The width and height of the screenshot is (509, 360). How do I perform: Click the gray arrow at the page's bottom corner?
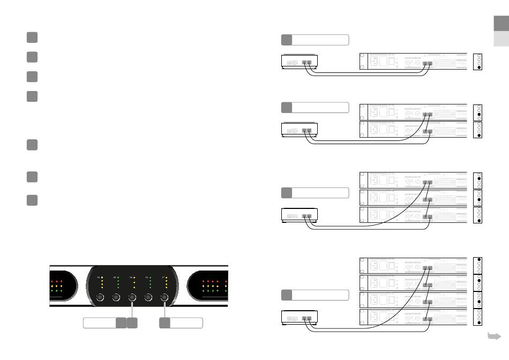tap(493, 336)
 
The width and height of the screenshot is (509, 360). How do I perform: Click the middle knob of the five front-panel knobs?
tap(132, 298)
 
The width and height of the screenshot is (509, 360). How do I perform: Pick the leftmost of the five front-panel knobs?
tap(100, 298)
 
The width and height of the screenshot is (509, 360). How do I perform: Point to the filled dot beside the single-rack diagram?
tap(478, 67)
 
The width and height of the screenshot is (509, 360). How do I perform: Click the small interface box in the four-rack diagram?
tap(300, 319)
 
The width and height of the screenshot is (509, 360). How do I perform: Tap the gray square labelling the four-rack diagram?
tap(287, 295)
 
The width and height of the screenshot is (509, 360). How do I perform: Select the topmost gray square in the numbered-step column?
tap(32, 37)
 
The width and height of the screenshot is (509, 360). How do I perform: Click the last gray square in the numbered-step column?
tap(32, 200)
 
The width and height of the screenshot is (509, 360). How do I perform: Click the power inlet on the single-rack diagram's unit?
tap(384, 61)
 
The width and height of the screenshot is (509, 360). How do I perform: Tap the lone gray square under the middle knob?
tap(132, 322)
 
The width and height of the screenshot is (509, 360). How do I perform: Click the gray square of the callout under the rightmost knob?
tap(166, 322)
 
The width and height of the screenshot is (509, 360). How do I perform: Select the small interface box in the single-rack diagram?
tap(300, 62)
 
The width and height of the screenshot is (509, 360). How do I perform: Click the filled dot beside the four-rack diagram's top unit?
tap(478, 260)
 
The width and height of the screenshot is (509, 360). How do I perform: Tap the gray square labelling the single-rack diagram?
tap(287, 40)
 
